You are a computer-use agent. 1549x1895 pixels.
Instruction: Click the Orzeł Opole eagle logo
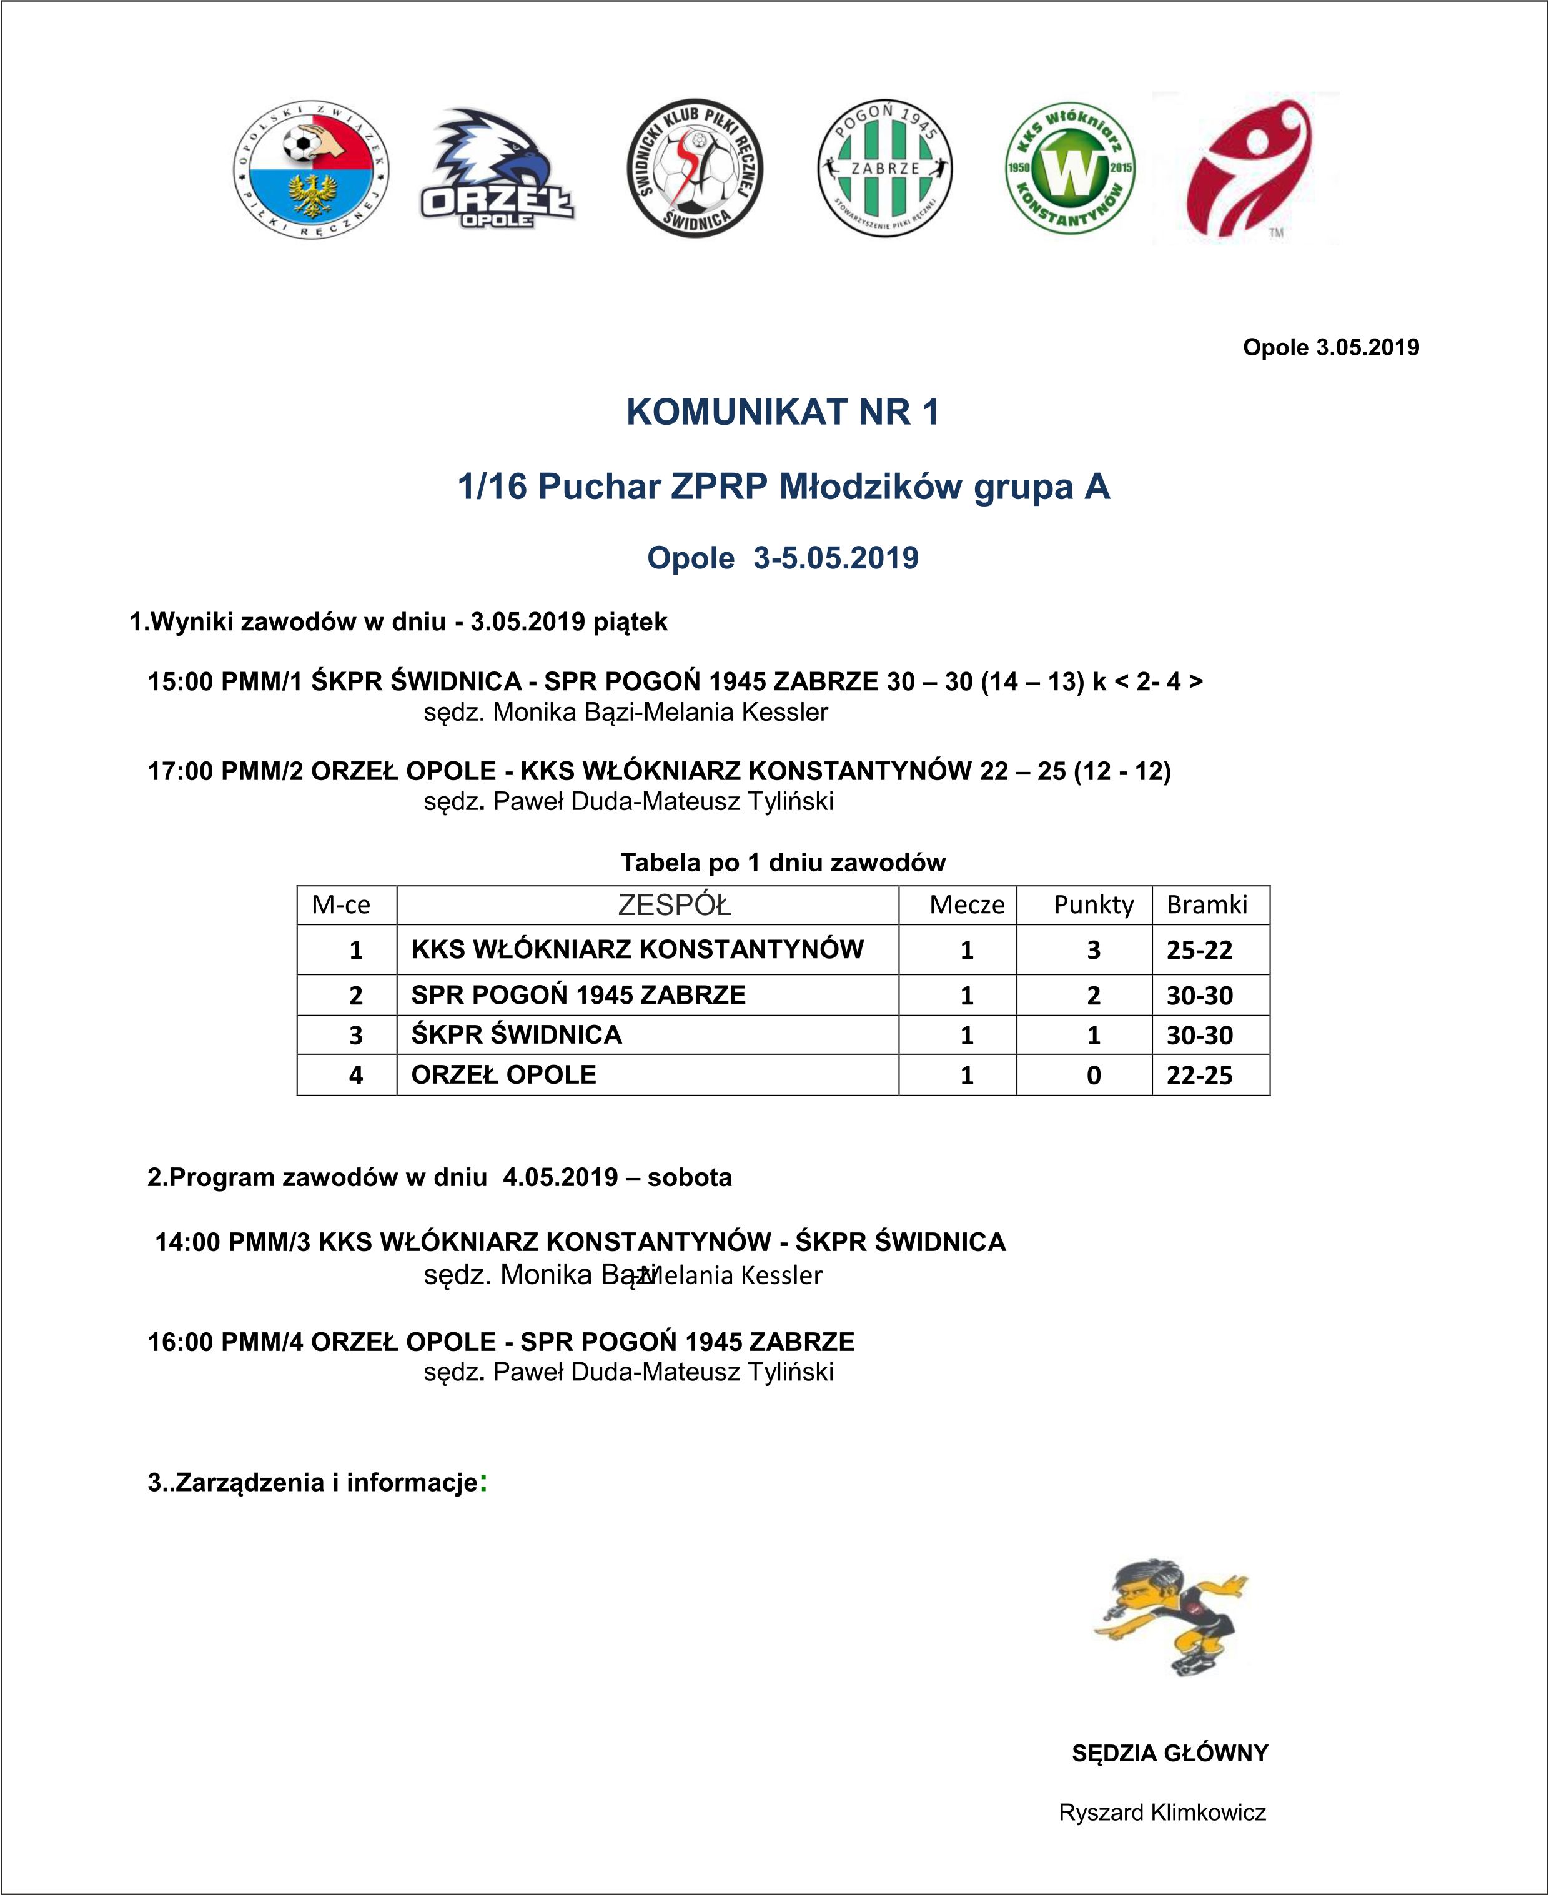pyautogui.click(x=497, y=168)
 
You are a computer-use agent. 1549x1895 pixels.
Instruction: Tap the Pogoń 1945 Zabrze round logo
pyautogui.click(x=884, y=168)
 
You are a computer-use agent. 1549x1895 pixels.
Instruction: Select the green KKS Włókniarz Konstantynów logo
pyautogui.click(x=1070, y=168)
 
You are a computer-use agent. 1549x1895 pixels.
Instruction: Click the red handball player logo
pyautogui.click(x=1247, y=168)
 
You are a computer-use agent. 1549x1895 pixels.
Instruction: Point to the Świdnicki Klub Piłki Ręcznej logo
pyautogui.click(x=694, y=168)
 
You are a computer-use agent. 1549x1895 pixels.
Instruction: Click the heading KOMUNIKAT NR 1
pyautogui.click(x=783, y=412)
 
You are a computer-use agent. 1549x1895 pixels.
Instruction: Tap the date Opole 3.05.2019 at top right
pyautogui.click(x=1330, y=347)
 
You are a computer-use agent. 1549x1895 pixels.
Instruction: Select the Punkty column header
pyautogui.click(x=1093, y=904)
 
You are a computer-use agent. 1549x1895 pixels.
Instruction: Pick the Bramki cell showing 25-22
pyautogui.click(x=1199, y=949)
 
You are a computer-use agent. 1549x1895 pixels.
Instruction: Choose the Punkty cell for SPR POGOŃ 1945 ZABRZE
pyautogui.click(x=1093, y=995)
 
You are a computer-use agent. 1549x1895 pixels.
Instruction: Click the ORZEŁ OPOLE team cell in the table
pyautogui.click(x=503, y=1074)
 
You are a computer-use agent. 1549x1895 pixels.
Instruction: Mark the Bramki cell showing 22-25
pyautogui.click(x=1199, y=1075)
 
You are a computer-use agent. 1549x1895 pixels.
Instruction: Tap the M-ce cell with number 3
pyautogui.click(x=355, y=1035)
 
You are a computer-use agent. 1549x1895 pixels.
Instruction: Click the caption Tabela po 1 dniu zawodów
pyautogui.click(x=783, y=863)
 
